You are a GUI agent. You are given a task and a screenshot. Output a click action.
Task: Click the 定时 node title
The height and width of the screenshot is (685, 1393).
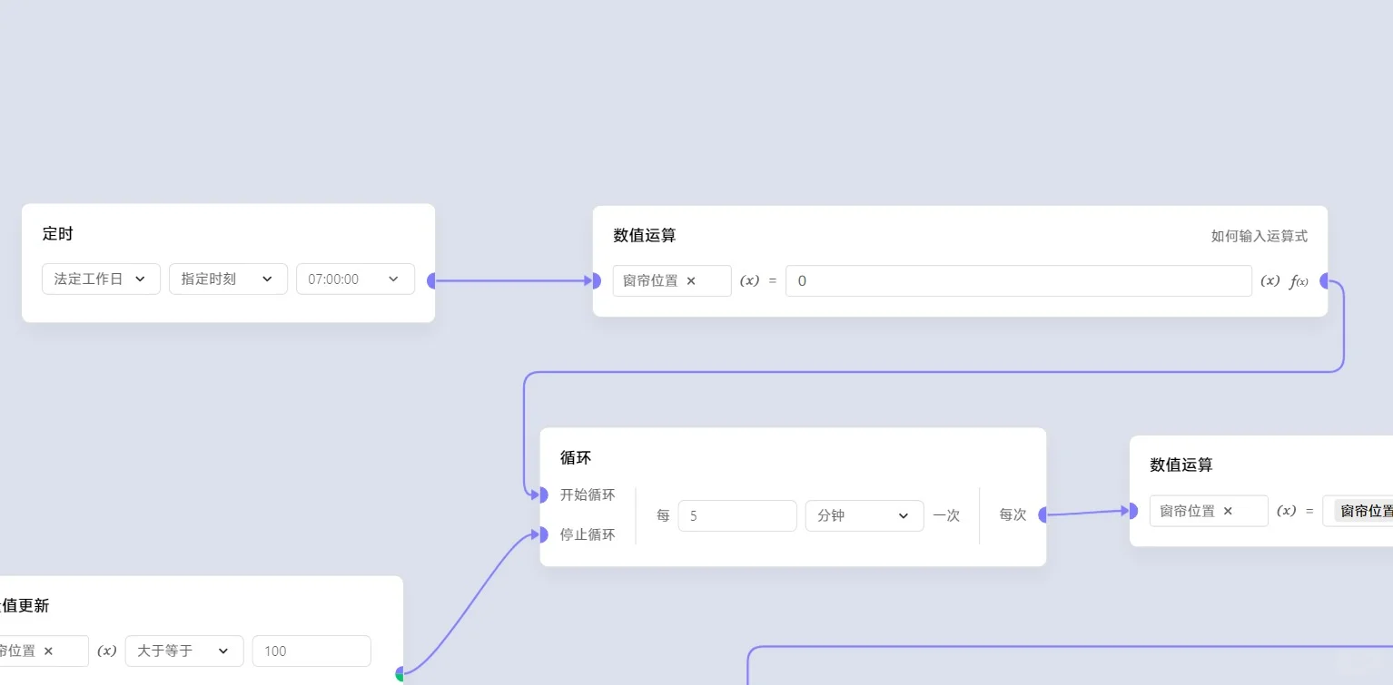coord(57,234)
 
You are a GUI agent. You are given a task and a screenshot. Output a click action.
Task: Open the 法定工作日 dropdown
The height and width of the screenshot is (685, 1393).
coord(101,279)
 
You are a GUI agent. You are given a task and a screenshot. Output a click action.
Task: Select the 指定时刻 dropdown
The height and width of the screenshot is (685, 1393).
coord(228,279)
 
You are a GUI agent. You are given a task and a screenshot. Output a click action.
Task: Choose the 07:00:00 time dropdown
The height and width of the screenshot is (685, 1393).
coord(355,279)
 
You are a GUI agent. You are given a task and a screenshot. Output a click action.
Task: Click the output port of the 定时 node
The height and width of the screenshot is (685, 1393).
coord(432,281)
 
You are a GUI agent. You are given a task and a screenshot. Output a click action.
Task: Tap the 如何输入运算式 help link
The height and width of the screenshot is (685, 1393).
coord(1259,236)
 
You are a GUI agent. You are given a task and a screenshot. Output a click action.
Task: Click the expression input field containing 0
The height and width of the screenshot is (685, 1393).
coord(1018,281)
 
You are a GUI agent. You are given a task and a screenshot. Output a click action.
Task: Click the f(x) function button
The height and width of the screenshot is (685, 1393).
coord(1299,281)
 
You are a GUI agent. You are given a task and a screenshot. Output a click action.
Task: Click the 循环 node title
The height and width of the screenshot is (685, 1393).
coord(576,457)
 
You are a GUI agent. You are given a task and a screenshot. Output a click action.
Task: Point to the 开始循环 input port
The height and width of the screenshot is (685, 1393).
coord(542,494)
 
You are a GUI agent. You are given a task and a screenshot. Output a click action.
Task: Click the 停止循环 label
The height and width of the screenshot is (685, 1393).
coord(588,534)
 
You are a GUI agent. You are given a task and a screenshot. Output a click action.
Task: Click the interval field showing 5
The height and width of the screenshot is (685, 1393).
coord(736,515)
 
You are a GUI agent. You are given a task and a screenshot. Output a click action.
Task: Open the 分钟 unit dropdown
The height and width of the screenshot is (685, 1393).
coord(864,515)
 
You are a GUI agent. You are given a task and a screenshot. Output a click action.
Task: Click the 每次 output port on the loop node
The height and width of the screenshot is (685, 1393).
coord(1043,515)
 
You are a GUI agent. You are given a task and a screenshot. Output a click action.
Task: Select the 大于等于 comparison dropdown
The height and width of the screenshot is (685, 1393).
coord(183,651)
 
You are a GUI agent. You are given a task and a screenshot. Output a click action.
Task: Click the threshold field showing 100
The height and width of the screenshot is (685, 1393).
coord(311,651)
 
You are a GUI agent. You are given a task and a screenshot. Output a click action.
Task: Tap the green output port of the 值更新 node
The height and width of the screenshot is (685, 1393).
coord(400,674)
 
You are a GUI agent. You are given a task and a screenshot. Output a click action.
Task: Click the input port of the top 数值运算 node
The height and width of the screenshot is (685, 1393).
coord(596,281)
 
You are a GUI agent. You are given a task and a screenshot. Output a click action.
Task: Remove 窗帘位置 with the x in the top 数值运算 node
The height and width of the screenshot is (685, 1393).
coord(691,281)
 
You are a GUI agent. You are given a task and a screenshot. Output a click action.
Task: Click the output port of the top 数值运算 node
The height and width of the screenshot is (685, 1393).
coord(1325,281)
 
